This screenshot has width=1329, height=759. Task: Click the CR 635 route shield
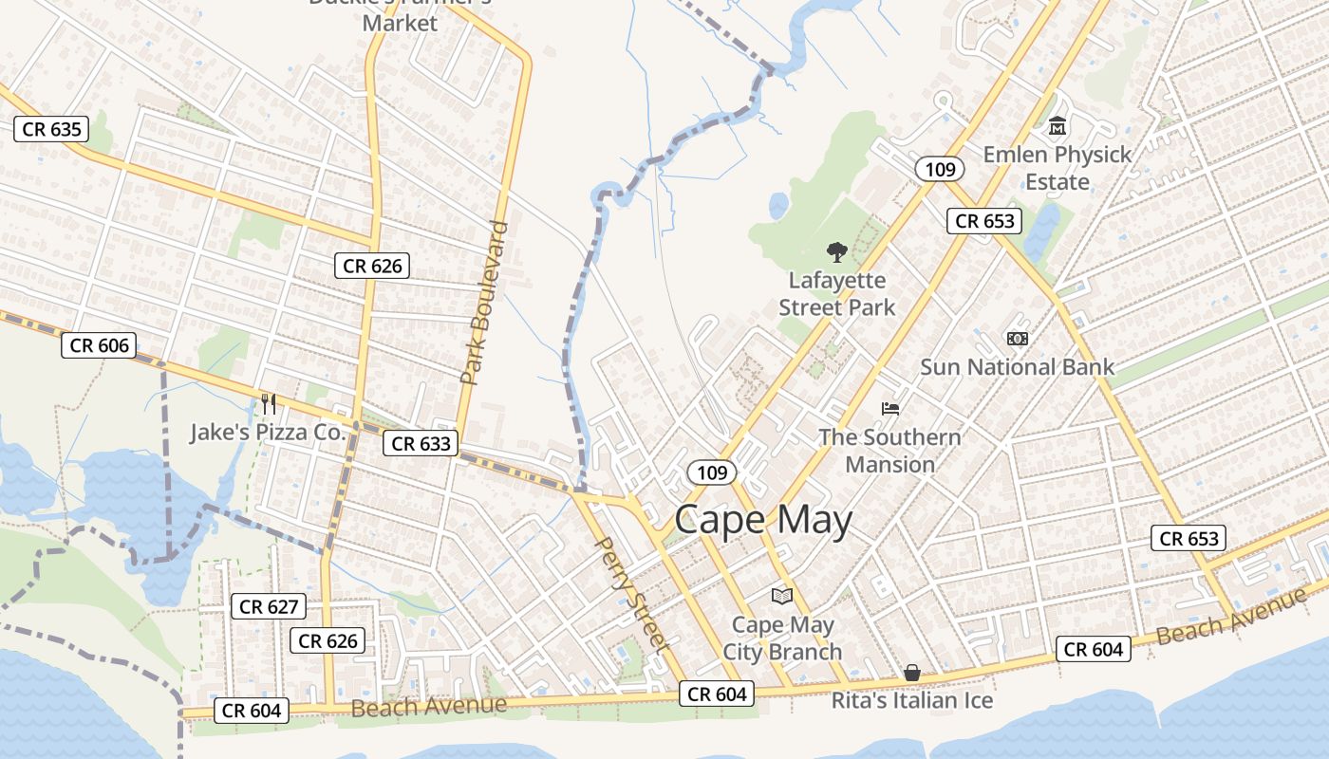click(x=51, y=129)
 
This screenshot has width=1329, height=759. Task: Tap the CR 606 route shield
click(x=99, y=345)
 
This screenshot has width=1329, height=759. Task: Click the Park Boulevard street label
click(x=485, y=303)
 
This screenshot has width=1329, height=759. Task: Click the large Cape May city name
click(x=763, y=520)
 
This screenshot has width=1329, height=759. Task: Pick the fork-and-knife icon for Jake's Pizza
click(x=269, y=404)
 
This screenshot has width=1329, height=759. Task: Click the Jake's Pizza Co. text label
click(x=267, y=432)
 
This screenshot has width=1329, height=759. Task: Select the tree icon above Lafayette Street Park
click(x=836, y=252)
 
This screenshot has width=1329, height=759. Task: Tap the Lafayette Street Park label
click(x=836, y=294)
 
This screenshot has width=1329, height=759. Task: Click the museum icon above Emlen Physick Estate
click(x=1057, y=126)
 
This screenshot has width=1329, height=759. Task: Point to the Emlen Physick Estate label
click(x=1057, y=167)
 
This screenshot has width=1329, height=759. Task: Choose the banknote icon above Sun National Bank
click(x=1017, y=339)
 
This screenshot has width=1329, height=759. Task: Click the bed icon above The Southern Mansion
click(x=890, y=409)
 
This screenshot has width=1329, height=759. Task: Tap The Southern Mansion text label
click(x=889, y=451)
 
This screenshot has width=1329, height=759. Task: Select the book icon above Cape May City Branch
click(x=782, y=596)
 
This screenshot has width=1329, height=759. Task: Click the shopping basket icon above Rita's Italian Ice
click(x=912, y=673)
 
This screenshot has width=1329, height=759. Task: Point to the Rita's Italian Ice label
click(x=912, y=700)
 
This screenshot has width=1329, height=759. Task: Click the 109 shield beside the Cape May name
click(x=712, y=472)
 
